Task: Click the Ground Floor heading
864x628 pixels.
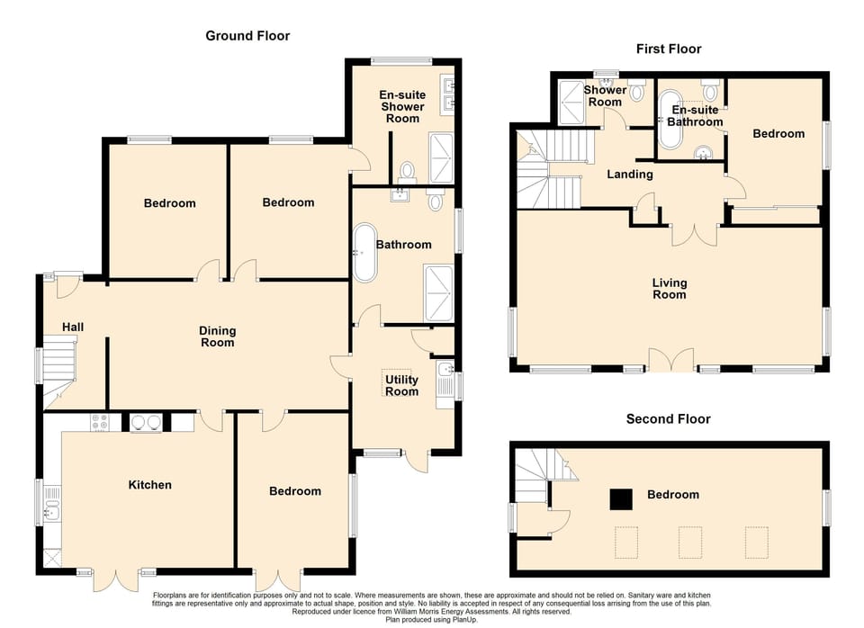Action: click(247, 36)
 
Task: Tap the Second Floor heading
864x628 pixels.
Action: click(669, 419)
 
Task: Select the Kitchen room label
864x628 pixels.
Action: click(149, 485)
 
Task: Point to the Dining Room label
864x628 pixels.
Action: click(217, 336)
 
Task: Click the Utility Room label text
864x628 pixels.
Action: click(401, 385)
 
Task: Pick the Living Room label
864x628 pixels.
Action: click(669, 289)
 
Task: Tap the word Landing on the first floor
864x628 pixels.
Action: click(629, 175)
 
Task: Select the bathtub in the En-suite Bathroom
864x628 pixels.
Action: click(670, 120)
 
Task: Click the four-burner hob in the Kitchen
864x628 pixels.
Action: click(99, 422)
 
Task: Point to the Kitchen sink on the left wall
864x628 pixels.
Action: click(51, 507)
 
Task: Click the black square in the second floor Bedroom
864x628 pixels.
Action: click(620, 498)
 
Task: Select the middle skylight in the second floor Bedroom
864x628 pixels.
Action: click(690, 543)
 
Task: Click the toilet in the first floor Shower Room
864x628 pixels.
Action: click(638, 90)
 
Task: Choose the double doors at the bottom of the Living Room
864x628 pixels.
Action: click(671, 361)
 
